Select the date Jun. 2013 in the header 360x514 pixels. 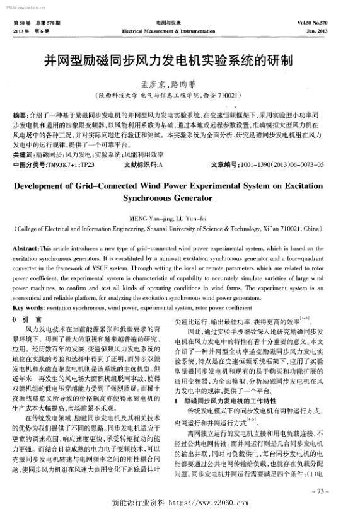(x=334, y=30)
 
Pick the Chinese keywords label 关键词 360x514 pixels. (x=24, y=155)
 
